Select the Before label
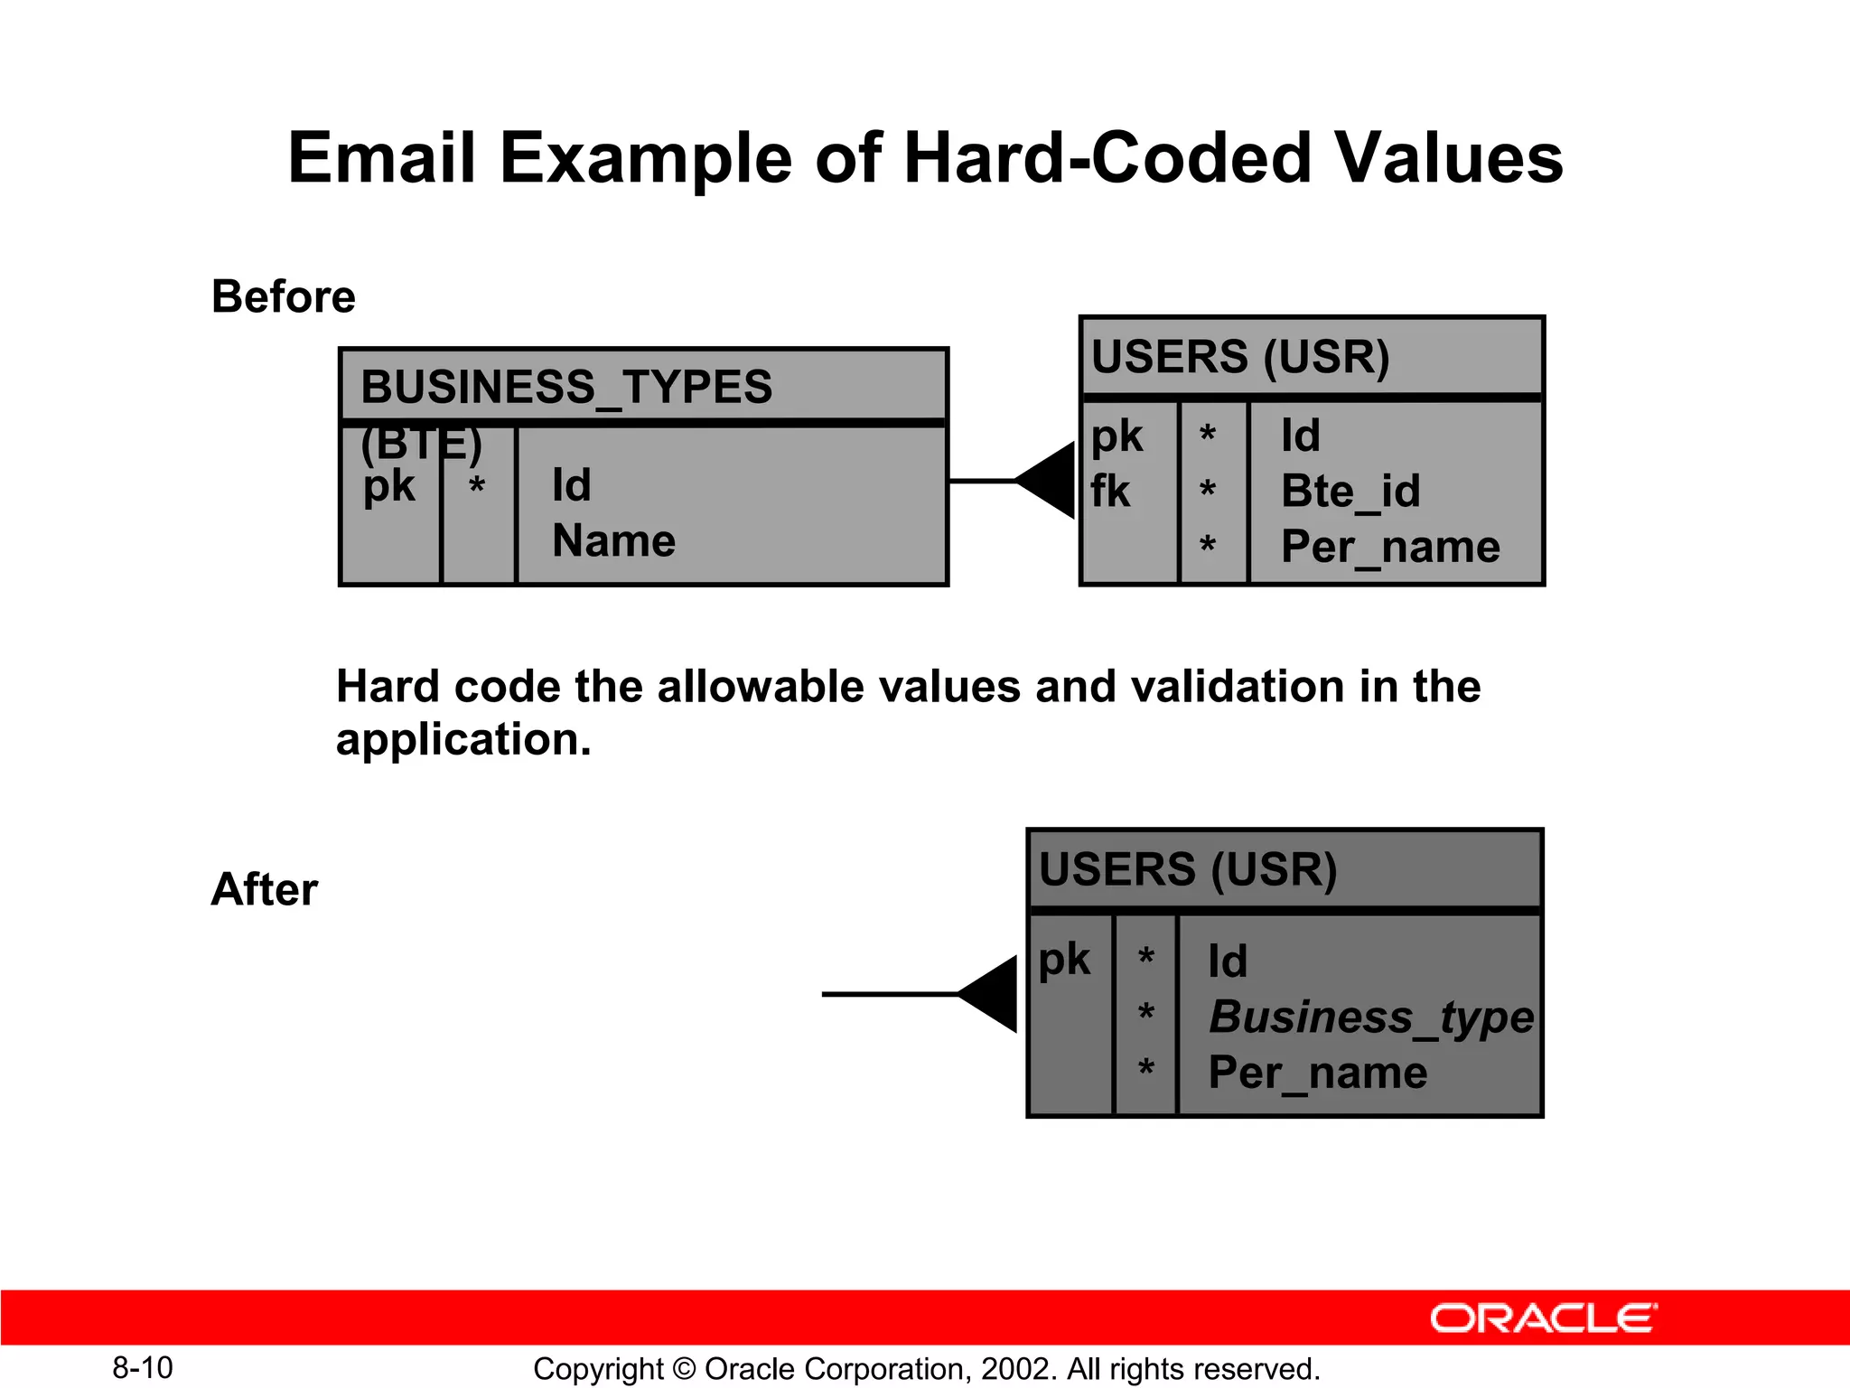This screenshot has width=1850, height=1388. [x=283, y=296]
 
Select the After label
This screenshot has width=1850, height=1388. [x=264, y=889]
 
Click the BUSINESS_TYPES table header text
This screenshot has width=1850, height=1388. [x=566, y=387]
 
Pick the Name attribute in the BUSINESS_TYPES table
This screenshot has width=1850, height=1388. [x=613, y=541]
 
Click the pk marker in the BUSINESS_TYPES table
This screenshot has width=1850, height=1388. [x=388, y=487]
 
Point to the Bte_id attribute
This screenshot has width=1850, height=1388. [x=1350, y=492]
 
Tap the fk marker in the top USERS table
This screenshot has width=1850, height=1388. [x=1109, y=492]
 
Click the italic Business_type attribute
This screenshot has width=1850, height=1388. [x=1370, y=1017]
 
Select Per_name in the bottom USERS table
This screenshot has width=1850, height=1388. [x=1318, y=1073]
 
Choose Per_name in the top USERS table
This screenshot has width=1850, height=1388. [x=1390, y=547]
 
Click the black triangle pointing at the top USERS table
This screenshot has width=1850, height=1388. [x=1048, y=481]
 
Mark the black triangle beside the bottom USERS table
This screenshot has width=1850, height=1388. [x=990, y=994]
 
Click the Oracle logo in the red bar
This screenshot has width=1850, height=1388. [x=1543, y=1318]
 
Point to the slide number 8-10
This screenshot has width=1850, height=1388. [x=143, y=1367]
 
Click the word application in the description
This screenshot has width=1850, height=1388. [x=462, y=740]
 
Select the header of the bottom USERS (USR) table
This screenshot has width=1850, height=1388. [x=1188, y=869]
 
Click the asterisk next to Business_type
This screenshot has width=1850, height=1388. [x=1145, y=1014]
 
